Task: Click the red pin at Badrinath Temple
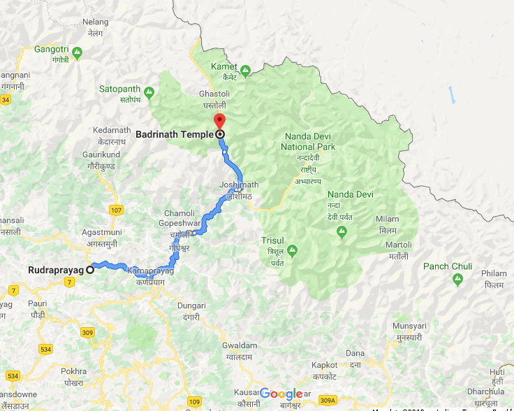[x=219, y=120]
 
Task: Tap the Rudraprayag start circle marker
[x=90, y=270]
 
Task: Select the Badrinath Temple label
[x=175, y=134]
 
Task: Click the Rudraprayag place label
[x=56, y=270]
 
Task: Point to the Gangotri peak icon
[x=77, y=51]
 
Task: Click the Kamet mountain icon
[x=245, y=70]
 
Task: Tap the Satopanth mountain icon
[x=148, y=92]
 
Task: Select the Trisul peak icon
[x=292, y=250]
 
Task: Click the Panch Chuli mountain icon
[x=457, y=280]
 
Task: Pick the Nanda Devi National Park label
[x=308, y=142]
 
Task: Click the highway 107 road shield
[x=117, y=210]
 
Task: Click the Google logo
[x=281, y=394]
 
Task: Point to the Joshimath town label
[x=239, y=185]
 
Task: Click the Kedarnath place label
[x=112, y=130]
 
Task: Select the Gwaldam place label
[x=240, y=345]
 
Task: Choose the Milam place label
[x=387, y=219]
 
